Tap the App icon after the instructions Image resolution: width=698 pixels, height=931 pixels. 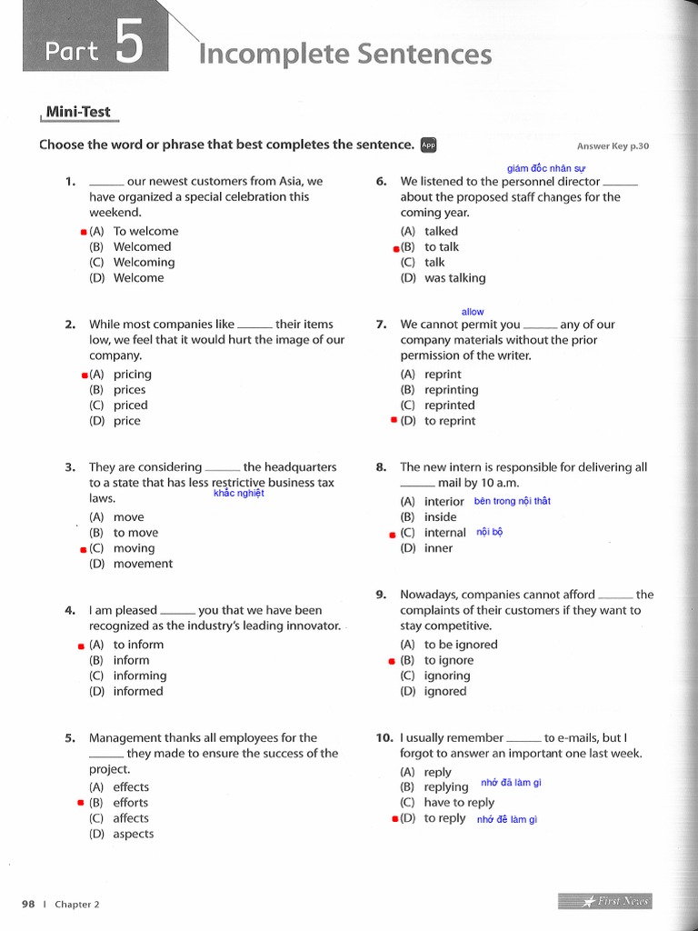tap(429, 145)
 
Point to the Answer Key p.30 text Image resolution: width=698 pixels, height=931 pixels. tap(613, 146)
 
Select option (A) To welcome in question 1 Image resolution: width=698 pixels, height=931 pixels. tap(134, 231)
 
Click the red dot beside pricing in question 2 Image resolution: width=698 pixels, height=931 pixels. tap(85, 375)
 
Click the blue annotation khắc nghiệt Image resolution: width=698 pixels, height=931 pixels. tap(238, 493)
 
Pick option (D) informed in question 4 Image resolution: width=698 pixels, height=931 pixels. tap(126, 691)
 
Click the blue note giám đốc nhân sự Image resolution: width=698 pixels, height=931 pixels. tap(546, 168)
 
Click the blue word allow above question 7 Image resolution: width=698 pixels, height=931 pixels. tap(473, 312)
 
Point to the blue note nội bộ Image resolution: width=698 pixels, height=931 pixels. tap(489, 532)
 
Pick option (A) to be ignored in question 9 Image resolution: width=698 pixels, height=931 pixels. tap(448, 645)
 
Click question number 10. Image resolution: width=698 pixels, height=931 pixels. tap(384, 737)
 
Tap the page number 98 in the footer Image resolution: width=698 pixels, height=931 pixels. tap(27, 904)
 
